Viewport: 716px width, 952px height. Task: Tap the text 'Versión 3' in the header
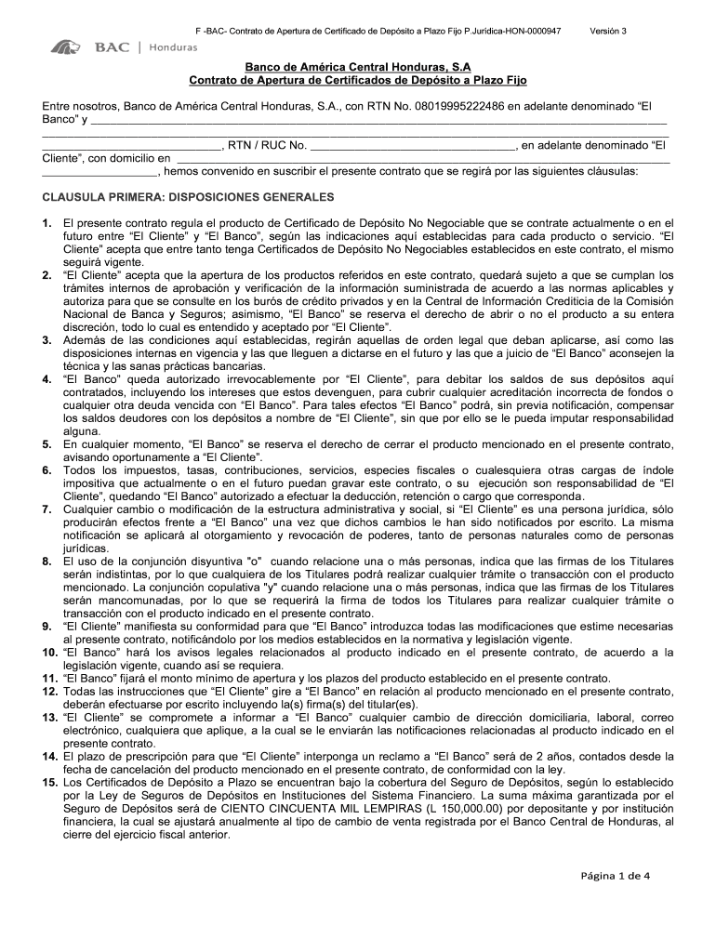(x=608, y=31)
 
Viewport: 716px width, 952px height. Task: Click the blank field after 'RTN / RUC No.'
(x=412, y=146)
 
